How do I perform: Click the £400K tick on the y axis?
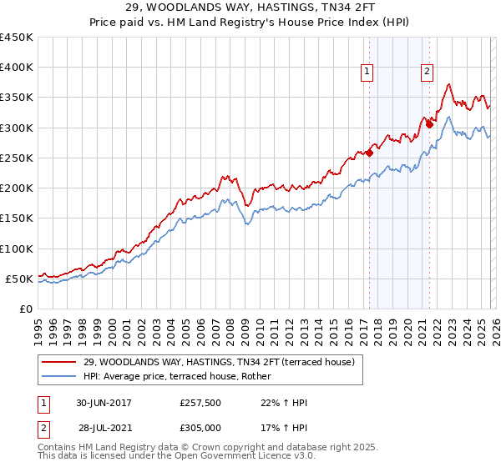(17, 68)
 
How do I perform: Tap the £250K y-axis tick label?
(17, 158)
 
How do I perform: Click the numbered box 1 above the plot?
(368, 73)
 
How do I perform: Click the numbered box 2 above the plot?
(428, 73)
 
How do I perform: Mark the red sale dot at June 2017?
(369, 153)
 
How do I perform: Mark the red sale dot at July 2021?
(429, 124)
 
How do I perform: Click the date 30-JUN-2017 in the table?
(104, 403)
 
